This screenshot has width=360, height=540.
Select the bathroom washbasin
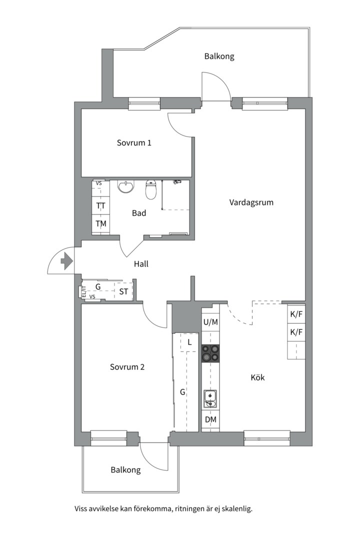[x=125, y=186]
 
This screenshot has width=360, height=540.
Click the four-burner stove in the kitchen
[x=210, y=353]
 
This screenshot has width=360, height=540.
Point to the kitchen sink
[x=210, y=399]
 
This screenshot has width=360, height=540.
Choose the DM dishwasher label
[x=210, y=419]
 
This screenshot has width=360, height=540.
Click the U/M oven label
[x=210, y=322]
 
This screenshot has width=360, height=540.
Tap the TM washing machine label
[x=101, y=224]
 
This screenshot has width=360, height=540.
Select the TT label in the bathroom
[x=101, y=205]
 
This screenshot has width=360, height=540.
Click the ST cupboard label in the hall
[x=123, y=291]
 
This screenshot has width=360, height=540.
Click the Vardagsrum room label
[x=251, y=202]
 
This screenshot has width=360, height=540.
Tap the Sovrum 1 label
[x=134, y=142]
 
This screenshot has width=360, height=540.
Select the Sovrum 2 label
[x=127, y=367]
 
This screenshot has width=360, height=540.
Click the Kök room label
[x=257, y=377]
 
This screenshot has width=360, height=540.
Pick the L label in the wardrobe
[x=189, y=342]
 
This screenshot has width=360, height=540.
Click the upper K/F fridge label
[x=296, y=314]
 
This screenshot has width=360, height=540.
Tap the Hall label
[x=141, y=264]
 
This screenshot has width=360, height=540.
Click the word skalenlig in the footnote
[x=237, y=508]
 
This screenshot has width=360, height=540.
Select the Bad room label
[x=139, y=213]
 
